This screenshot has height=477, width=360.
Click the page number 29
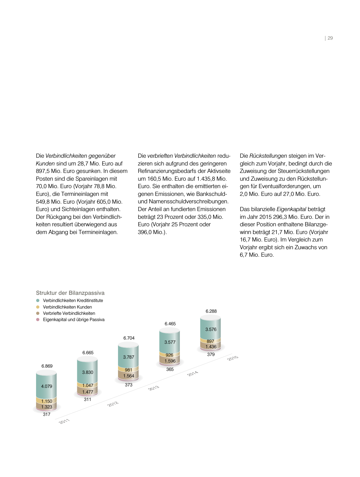pyautogui.click(x=330, y=38)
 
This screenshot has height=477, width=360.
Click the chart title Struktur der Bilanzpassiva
pyautogui.click(x=70, y=293)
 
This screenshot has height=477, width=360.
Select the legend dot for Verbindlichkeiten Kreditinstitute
pyautogui.click(x=38, y=301)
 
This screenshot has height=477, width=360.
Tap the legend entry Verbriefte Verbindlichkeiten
pyautogui.click(x=69, y=313)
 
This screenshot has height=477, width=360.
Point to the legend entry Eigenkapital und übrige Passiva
pyautogui.click(x=74, y=320)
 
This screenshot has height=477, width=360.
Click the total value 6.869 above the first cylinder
pyautogui.click(x=47, y=366)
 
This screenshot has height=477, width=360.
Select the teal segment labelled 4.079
pyautogui.click(x=46, y=386)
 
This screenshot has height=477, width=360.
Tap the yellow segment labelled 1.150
pyautogui.click(x=46, y=401)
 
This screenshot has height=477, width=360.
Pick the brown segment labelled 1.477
pyautogui.click(x=88, y=392)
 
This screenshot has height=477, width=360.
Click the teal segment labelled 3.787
pyautogui.click(x=128, y=357)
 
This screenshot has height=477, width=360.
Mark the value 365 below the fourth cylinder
pyautogui.click(x=170, y=369)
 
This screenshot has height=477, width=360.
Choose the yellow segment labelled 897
pyautogui.click(x=210, y=341)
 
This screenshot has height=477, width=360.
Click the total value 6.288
pyautogui.click(x=211, y=311)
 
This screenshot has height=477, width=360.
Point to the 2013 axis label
pyautogui.click(x=154, y=388)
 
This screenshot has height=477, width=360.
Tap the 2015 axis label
pyautogui.click(x=233, y=358)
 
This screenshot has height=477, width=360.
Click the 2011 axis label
pyautogui.click(x=64, y=421)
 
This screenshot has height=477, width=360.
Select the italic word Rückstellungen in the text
pyautogui.click(x=268, y=156)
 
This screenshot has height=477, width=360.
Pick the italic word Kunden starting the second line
pyautogui.click(x=45, y=164)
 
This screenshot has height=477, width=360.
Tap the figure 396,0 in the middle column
pyautogui.click(x=145, y=232)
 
